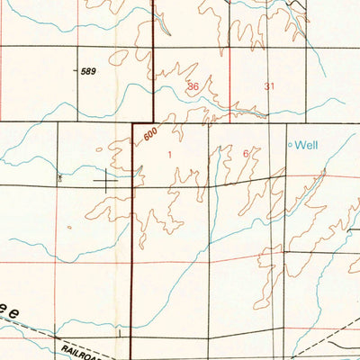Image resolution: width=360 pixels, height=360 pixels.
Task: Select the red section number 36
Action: [x=193, y=86]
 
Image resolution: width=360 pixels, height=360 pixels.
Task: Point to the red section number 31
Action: [x=269, y=86]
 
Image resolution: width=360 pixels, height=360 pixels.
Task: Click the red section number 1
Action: [x=170, y=154]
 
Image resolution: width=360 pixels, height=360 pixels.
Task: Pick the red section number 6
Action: [x=246, y=153]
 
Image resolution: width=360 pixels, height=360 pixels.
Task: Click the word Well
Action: [x=308, y=144]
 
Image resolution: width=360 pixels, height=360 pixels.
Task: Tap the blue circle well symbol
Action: [x=290, y=144]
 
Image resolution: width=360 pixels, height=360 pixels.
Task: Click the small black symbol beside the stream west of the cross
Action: [x=59, y=177]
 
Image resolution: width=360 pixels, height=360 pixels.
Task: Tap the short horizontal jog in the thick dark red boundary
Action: [x=143, y=123]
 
